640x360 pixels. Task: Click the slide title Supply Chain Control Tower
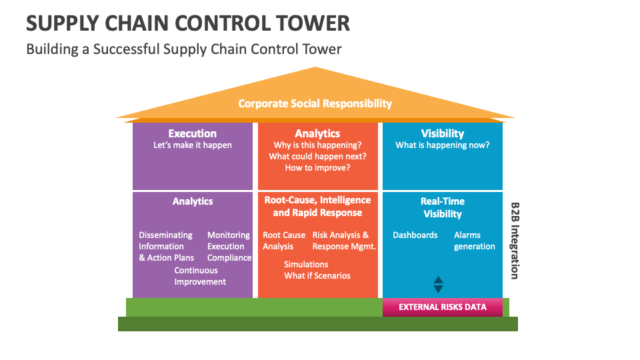(188, 23)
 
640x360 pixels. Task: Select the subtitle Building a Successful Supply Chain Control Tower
(184, 49)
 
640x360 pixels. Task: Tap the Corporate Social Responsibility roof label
(315, 103)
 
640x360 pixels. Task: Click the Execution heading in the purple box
(192, 133)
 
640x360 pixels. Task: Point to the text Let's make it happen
(193, 145)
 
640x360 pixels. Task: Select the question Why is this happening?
(317, 145)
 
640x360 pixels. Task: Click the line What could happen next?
(317, 157)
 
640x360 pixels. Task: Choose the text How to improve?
(317, 168)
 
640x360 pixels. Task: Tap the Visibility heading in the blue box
(442, 133)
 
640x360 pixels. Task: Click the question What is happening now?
(442, 145)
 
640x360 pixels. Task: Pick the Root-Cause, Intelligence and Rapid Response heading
(317, 207)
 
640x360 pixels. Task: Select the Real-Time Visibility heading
(442, 207)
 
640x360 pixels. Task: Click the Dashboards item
(415, 235)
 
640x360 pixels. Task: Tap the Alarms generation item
(474, 241)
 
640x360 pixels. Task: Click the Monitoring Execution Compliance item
(229, 247)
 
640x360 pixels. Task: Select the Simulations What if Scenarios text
(317, 270)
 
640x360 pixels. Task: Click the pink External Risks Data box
(442, 307)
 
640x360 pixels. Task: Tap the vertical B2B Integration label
(515, 241)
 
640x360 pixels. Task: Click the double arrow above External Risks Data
(438, 285)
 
